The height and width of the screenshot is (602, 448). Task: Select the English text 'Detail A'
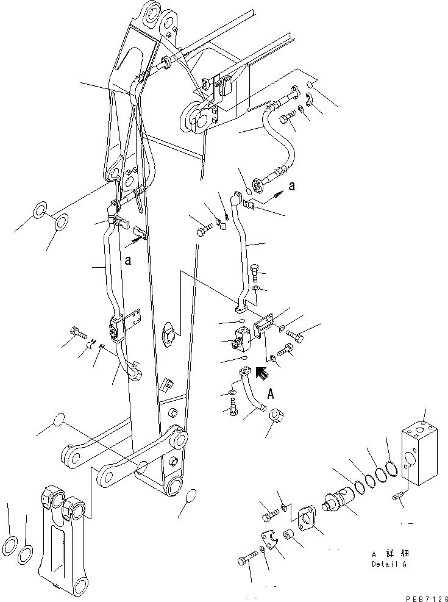click(389, 564)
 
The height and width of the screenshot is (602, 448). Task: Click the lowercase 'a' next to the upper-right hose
click(291, 186)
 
